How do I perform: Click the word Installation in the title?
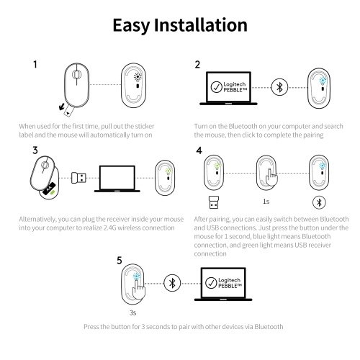pos(200,25)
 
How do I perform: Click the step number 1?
pos(35,64)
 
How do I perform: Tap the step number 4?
pos(199,150)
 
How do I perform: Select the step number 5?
pos(120,261)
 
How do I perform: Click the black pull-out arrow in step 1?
pos(62,107)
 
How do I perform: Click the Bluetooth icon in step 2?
pos(279,87)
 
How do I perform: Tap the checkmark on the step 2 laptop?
pos(216,87)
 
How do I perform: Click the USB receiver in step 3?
pos(78,178)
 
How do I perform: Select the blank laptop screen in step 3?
pos(117,178)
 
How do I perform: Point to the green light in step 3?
pos(168,171)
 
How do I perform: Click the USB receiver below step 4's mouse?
pos(214,202)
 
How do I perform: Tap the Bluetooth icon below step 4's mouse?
pos(319,202)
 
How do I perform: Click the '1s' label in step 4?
pos(266,202)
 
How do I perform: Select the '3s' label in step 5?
pos(132,312)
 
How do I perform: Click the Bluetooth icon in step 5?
pos(172,283)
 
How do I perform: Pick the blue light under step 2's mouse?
pos(323,81)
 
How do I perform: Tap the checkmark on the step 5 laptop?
pos(211,283)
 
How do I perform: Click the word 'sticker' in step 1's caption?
pos(145,126)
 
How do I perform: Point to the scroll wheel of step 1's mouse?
pos(76,75)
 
